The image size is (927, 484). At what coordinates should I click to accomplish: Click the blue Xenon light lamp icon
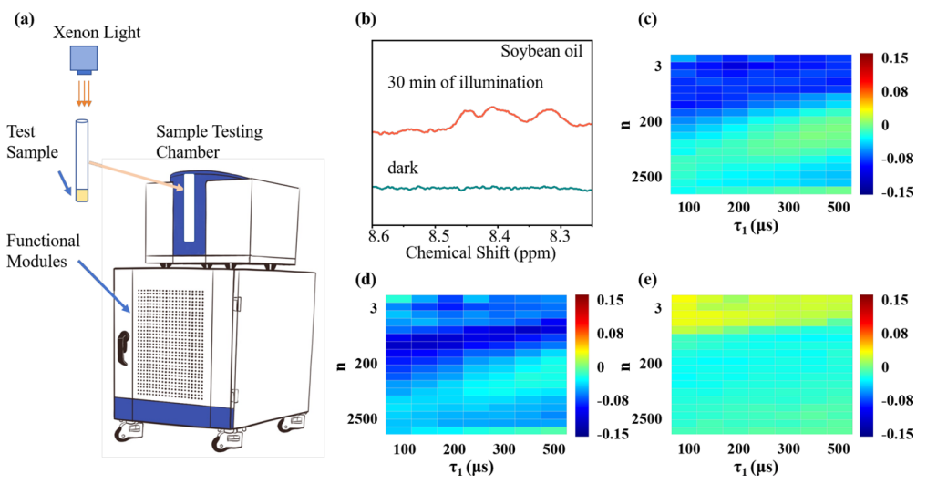[83, 60]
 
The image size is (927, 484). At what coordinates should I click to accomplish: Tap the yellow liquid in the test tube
[82, 195]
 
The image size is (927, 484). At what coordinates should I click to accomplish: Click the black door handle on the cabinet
[124, 348]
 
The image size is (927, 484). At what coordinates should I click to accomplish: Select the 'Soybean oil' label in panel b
[541, 51]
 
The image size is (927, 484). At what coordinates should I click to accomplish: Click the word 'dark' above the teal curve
[403, 169]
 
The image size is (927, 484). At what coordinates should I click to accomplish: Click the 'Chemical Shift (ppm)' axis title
[480, 253]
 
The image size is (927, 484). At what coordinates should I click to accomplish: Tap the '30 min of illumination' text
[465, 82]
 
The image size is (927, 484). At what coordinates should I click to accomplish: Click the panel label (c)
[648, 19]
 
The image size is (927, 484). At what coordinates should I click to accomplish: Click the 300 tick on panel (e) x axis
[788, 449]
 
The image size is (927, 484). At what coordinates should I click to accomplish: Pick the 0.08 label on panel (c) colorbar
[894, 91]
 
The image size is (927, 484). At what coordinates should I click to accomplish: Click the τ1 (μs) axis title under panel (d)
[471, 468]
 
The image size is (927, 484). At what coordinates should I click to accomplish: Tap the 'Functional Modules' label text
[43, 252]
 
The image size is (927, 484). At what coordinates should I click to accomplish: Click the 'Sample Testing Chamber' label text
[210, 142]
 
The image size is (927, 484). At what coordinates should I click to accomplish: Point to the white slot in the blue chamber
[190, 208]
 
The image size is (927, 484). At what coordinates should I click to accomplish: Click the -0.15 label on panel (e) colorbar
[894, 434]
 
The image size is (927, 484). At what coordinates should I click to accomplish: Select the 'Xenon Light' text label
[97, 32]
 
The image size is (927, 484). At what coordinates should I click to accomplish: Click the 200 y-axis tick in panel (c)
[650, 122]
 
